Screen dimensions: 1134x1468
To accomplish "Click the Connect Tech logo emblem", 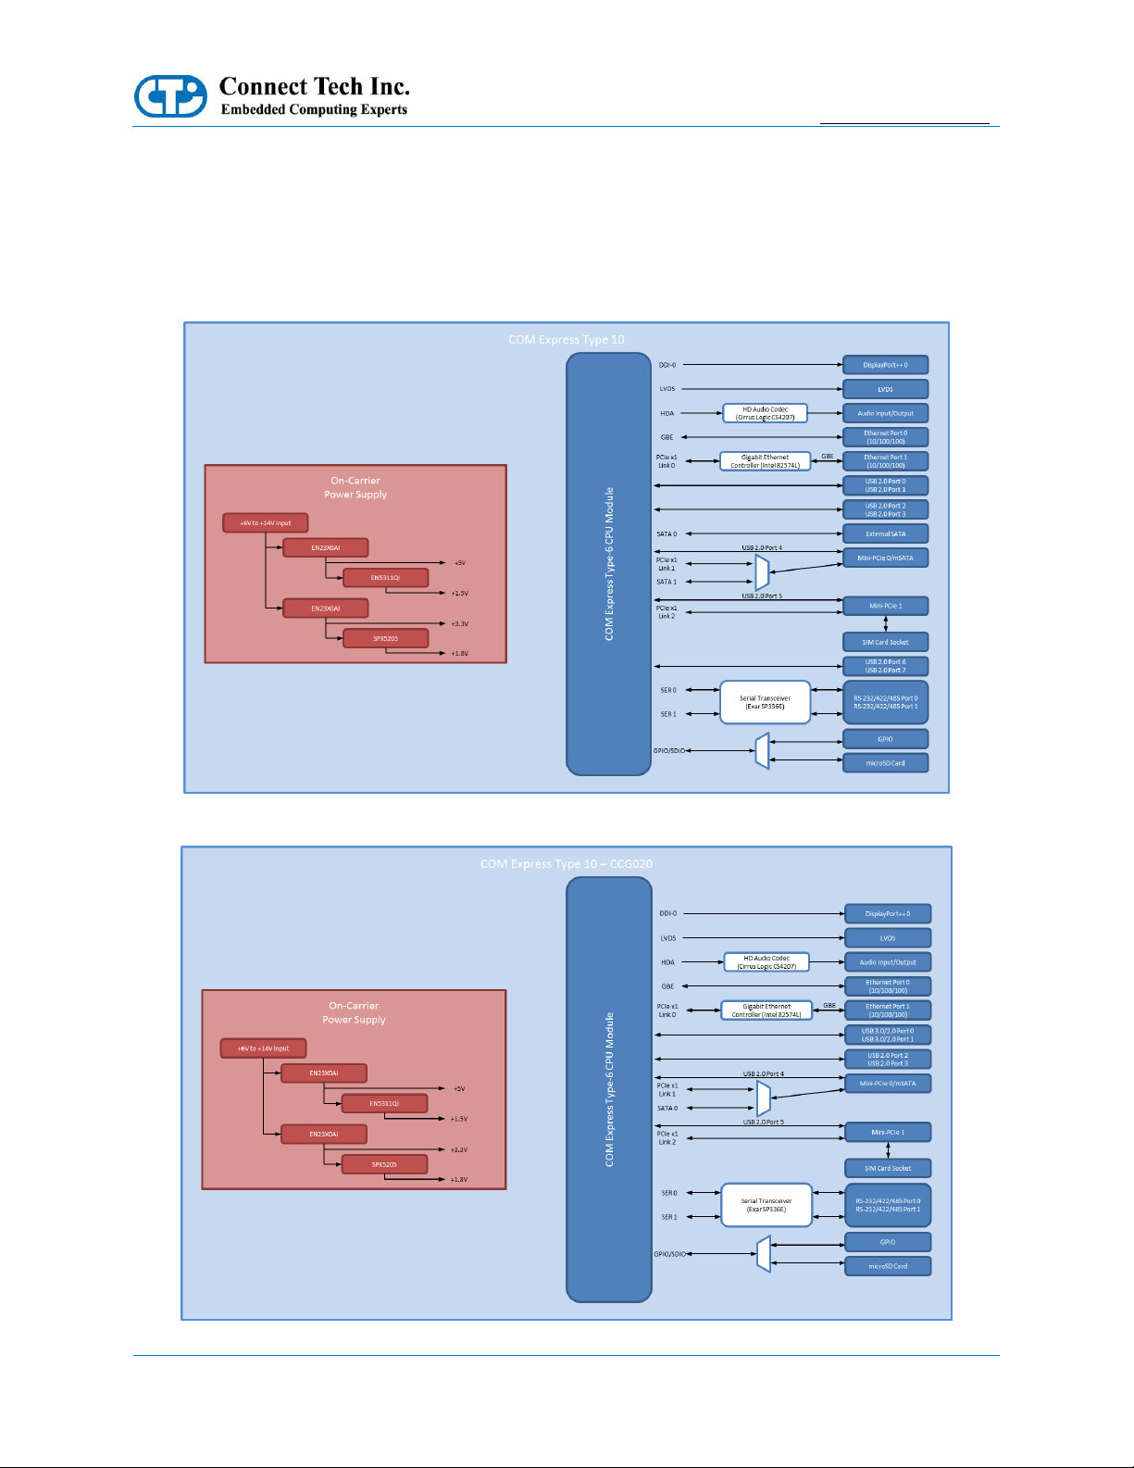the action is (170, 96).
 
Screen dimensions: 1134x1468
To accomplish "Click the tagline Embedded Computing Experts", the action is (314, 109).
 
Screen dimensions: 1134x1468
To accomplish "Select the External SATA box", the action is (885, 533).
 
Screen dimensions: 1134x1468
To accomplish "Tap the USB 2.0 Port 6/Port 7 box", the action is (885, 666).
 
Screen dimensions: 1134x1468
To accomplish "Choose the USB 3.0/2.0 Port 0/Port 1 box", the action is (888, 1035).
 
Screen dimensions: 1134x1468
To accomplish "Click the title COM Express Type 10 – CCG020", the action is (566, 864).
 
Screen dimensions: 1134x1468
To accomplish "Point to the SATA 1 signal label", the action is (667, 582).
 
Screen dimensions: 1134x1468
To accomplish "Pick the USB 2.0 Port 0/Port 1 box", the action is (885, 485).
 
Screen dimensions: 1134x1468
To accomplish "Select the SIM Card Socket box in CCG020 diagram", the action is (888, 1168).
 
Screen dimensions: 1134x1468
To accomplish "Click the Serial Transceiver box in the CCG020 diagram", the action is (766, 1205).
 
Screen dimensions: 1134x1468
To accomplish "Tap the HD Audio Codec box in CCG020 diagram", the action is (766, 962).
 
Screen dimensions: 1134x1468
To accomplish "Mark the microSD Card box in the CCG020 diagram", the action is (888, 1266).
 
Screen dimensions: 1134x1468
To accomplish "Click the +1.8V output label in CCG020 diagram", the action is (459, 1180).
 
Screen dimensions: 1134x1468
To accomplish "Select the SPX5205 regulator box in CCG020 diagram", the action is (384, 1164).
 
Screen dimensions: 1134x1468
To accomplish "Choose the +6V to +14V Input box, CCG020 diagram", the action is (263, 1048).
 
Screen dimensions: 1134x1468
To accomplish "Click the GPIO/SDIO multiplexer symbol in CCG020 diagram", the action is (764, 1254).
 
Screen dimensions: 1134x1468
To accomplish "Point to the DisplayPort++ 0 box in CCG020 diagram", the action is (888, 914).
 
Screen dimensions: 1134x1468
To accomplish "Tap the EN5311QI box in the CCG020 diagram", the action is (384, 1103).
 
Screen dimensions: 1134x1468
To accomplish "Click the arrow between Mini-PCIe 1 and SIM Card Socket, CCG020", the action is (888, 1150).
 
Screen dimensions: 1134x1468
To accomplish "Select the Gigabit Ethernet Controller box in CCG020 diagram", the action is (766, 1010).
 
